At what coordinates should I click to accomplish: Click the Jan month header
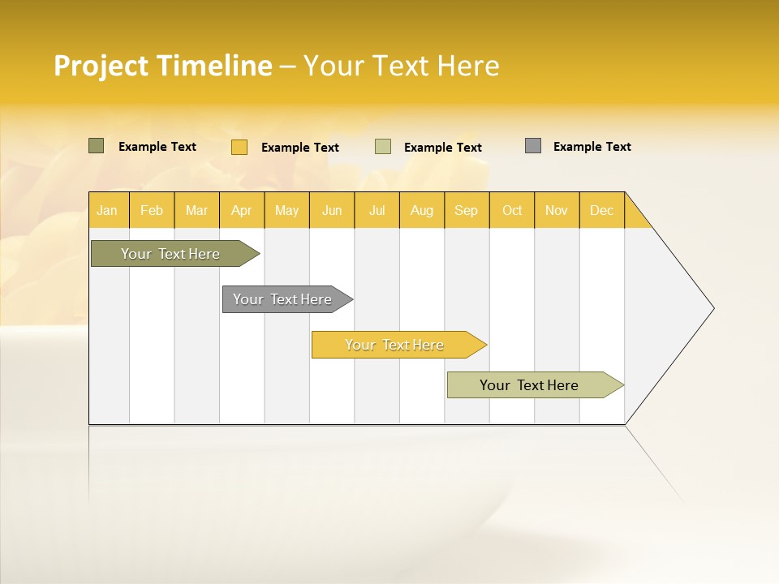[x=107, y=210]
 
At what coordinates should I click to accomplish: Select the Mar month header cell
[x=196, y=210]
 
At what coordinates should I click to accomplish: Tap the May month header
[x=286, y=210]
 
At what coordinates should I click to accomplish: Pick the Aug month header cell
[x=421, y=210]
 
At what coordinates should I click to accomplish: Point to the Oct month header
[x=512, y=210]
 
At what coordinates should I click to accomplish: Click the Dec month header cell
[x=601, y=210]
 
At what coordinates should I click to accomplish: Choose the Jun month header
[x=332, y=210]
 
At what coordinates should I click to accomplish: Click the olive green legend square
[x=96, y=146]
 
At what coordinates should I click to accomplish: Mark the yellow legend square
[x=239, y=147]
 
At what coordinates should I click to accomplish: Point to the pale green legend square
[x=383, y=147]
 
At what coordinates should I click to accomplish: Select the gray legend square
[x=533, y=146]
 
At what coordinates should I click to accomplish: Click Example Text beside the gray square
[x=592, y=147]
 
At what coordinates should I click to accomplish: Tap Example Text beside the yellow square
[x=299, y=148]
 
